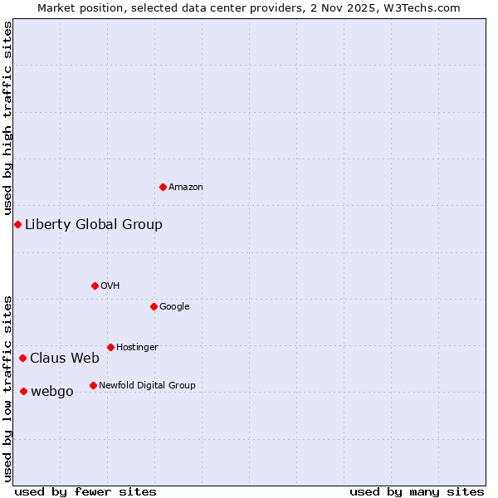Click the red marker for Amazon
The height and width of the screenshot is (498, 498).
[163, 187]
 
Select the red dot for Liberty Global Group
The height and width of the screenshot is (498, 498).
[17, 224]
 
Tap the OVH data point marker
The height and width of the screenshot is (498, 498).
[95, 286]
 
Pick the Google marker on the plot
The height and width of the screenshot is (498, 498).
[154, 306]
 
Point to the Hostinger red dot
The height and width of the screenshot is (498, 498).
[110, 347]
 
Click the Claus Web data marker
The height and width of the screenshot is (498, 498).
[22, 358]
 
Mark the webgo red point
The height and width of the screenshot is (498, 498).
[23, 391]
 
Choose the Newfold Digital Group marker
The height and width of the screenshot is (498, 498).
[93, 385]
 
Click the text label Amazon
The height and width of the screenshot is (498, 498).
[186, 188]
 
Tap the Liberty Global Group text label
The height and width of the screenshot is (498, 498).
[94, 224]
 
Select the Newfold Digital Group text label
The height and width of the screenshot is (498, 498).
[147, 385]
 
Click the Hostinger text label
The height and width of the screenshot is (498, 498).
[137, 347]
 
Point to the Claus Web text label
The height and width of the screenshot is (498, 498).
[65, 359]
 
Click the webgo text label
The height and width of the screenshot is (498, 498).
[52, 392]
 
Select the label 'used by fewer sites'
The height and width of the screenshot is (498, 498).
[85, 491]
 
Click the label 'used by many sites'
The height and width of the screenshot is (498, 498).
[417, 491]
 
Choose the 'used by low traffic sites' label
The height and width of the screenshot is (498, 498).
[8, 388]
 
